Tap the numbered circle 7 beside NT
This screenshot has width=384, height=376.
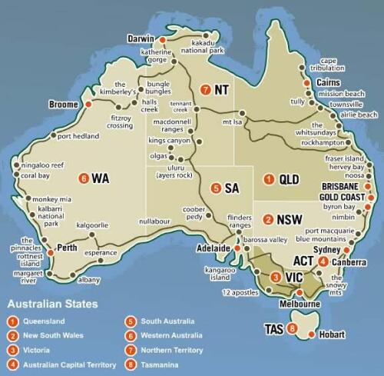point(205,90)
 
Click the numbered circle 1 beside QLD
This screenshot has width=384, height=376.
point(269,179)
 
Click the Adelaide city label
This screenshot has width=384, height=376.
point(212,249)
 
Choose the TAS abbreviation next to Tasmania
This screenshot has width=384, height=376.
point(275,329)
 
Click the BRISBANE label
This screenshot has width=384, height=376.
point(340,186)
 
